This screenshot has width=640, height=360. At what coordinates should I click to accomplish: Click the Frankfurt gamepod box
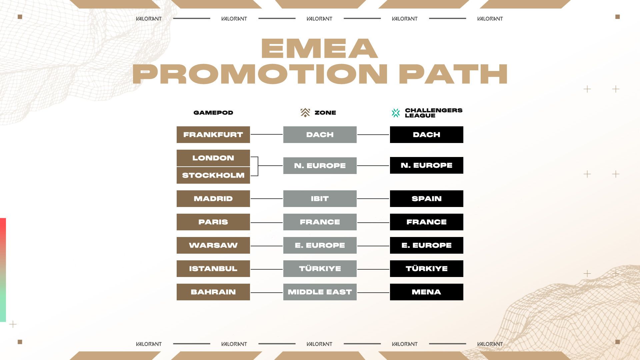(x=213, y=135)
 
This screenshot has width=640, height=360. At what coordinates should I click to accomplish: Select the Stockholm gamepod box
(x=213, y=175)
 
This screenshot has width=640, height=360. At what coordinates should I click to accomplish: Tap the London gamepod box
(x=213, y=158)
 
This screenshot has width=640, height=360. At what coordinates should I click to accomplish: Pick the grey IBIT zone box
(x=320, y=199)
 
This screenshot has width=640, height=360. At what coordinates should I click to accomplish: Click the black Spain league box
(x=427, y=199)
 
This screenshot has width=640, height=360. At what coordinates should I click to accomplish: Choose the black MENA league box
(x=427, y=292)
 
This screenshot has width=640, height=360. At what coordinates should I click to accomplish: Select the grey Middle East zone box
(x=320, y=292)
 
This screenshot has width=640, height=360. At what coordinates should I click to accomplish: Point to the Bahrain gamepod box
(x=213, y=292)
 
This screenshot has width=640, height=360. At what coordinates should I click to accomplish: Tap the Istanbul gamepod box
(x=213, y=269)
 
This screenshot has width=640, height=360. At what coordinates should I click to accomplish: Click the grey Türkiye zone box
(x=320, y=269)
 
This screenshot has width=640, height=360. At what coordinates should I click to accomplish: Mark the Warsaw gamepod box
(x=213, y=245)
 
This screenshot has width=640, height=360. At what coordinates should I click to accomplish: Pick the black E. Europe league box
(x=427, y=245)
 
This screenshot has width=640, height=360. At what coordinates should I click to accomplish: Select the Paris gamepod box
(x=213, y=222)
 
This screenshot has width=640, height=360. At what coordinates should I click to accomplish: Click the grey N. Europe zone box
(x=320, y=166)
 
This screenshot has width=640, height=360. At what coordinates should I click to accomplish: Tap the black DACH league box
(x=427, y=135)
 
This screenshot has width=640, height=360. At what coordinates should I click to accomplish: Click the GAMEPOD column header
(x=213, y=113)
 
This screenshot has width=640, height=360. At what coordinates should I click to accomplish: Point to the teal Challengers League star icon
(x=396, y=113)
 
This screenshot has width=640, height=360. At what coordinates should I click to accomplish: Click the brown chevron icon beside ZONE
(x=305, y=113)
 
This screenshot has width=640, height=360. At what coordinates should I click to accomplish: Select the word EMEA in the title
(x=319, y=49)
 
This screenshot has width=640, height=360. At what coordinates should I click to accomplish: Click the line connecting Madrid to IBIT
(x=267, y=199)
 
